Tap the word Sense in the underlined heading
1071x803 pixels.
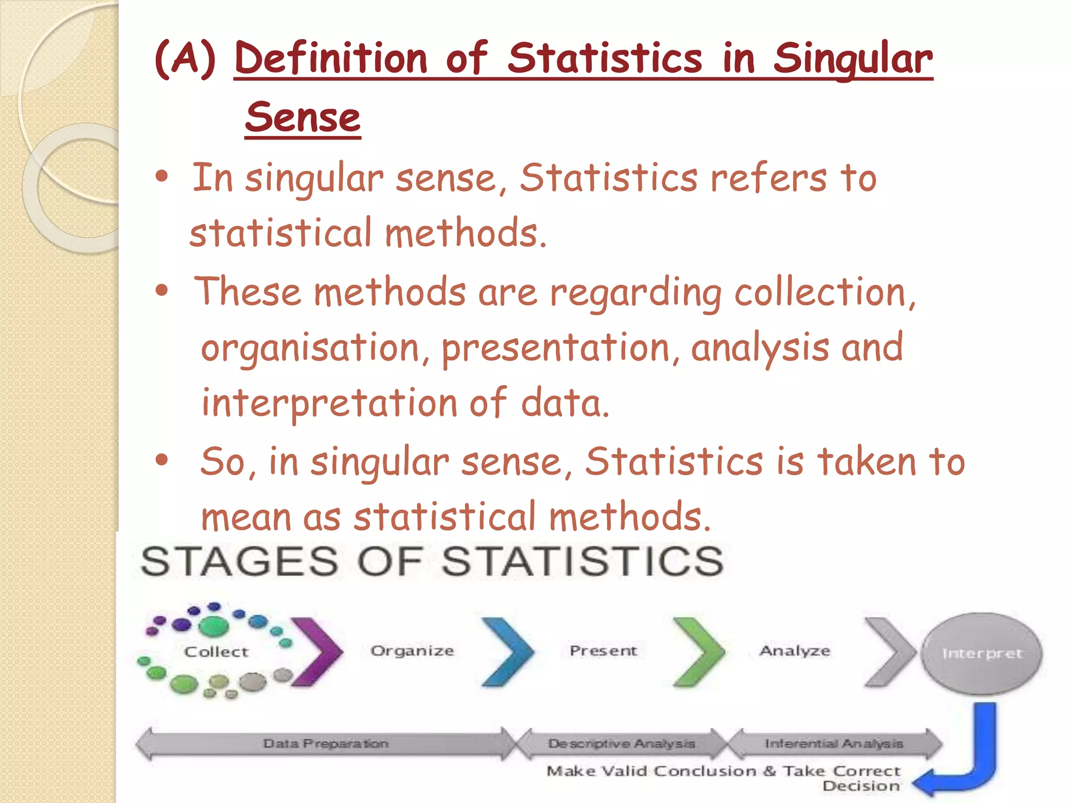click(303, 117)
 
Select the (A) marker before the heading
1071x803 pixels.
click(185, 58)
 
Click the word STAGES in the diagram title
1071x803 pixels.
click(240, 561)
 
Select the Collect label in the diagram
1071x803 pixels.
click(216, 651)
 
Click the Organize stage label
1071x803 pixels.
click(412, 651)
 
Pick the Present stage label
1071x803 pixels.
click(603, 651)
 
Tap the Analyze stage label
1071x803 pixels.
click(794, 651)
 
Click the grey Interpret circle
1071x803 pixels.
click(982, 653)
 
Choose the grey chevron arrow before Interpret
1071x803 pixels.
click(889, 651)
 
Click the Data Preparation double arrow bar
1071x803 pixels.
click(325, 743)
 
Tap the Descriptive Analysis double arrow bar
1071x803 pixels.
click(621, 743)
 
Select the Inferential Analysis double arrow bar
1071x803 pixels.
click(834, 743)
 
